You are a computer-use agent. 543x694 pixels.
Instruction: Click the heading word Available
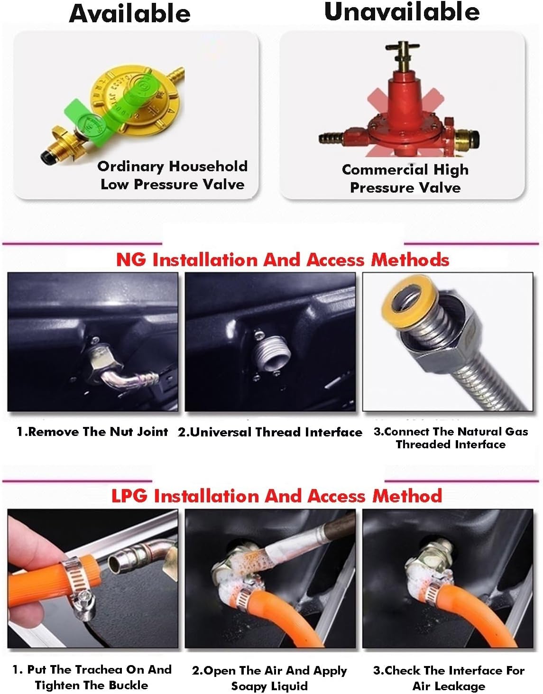click(x=129, y=13)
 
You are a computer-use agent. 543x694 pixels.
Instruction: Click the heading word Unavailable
click(x=402, y=11)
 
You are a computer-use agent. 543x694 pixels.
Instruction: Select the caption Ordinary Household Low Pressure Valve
click(x=172, y=176)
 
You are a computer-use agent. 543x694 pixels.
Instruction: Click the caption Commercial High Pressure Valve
click(x=405, y=178)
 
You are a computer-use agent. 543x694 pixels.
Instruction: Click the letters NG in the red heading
click(x=130, y=259)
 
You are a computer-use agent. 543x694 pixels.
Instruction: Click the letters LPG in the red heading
click(x=129, y=496)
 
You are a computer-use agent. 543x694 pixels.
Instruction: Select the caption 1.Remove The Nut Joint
click(x=92, y=432)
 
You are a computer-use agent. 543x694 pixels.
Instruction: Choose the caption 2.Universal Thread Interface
click(x=270, y=433)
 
